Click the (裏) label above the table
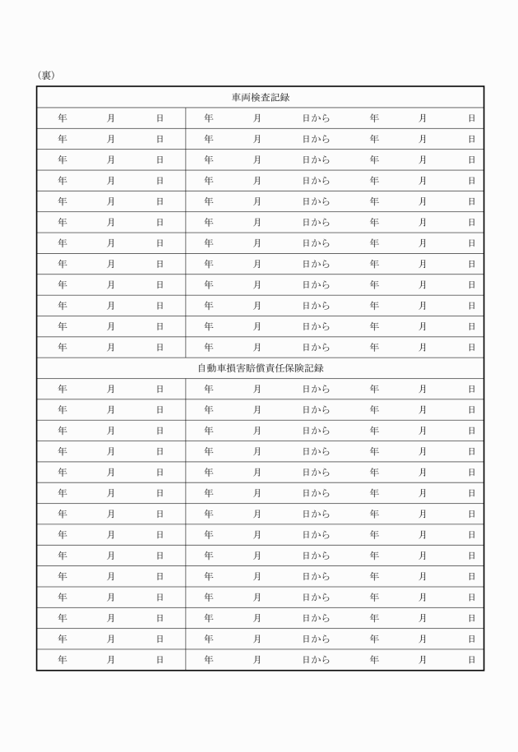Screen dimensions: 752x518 pyautogui.click(x=45, y=76)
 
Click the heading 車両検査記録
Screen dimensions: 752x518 pyautogui.click(x=260, y=97)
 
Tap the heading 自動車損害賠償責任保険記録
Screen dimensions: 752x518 pyautogui.click(x=260, y=368)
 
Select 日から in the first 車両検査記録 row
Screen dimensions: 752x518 pyautogui.click(x=316, y=118)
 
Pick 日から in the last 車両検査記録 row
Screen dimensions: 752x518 pyautogui.click(x=316, y=348)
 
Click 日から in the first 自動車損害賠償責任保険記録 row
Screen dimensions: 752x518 pyautogui.click(x=316, y=389)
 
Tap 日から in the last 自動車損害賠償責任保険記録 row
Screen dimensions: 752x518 pyautogui.click(x=316, y=660)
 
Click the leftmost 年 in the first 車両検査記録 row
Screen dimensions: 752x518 pyautogui.click(x=62, y=118)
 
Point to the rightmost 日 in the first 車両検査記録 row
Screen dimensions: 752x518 pyautogui.click(x=471, y=118)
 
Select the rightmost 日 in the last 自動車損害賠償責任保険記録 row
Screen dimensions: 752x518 pyautogui.click(x=471, y=660)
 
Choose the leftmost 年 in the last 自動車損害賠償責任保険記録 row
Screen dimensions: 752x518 pyautogui.click(x=62, y=660)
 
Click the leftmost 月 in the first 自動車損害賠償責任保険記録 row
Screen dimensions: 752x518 pyautogui.click(x=111, y=389)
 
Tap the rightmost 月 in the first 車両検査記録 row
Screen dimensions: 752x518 pyautogui.click(x=423, y=118)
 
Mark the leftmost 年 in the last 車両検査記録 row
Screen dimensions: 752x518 pyautogui.click(x=62, y=348)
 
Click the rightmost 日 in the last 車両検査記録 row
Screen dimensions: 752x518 pyautogui.click(x=471, y=348)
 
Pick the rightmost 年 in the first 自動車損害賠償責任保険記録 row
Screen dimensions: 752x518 pyautogui.click(x=374, y=389)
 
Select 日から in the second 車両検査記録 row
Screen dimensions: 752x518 pyautogui.click(x=316, y=139)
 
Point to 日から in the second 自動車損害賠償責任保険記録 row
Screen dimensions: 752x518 pyautogui.click(x=316, y=410)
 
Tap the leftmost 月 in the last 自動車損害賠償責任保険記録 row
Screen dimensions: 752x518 pyautogui.click(x=111, y=660)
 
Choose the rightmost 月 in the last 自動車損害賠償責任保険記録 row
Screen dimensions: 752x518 pyautogui.click(x=423, y=660)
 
